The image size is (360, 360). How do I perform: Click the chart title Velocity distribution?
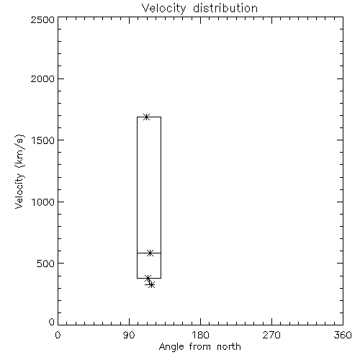(x=199, y=8)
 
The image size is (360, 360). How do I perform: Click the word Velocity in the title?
(x=163, y=9)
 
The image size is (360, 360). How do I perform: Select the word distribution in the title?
(x=225, y=8)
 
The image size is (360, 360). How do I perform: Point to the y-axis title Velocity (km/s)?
(x=19, y=171)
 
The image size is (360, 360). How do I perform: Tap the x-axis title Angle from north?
(x=200, y=346)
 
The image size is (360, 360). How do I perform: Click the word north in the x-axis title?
(x=229, y=346)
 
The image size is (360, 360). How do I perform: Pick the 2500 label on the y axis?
(x=42, y=19)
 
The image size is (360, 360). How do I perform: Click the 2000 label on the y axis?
(x=42, y=78)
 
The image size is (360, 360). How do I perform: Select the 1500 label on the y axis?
(x=43, y=140)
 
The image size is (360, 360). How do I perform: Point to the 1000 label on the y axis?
(x=43, y=202)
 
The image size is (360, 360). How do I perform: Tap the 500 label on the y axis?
(x=46, y=264)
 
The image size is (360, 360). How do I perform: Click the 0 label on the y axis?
(x=52, y=322)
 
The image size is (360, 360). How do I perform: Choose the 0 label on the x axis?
(x=58, y=335)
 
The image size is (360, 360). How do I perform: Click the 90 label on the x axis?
(x=129, y=335)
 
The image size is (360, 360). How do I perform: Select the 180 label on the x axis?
(x=200, y=335)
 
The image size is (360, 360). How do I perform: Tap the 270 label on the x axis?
(x=271, y=335)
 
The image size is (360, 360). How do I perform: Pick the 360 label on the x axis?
(x=343, y=335)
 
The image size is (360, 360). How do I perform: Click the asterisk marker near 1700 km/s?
(x=146, y=117)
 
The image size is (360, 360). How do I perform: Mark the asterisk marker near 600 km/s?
(x=150, y=253)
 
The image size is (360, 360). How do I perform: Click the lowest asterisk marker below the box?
(x=151, y=285)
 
